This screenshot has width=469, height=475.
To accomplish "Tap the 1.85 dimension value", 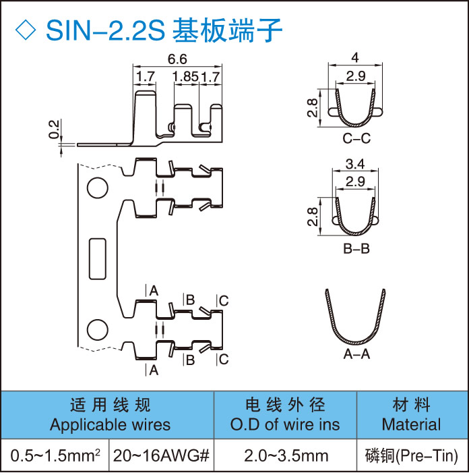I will tap(185, 77).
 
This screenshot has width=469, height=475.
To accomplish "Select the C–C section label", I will tap(356, 140).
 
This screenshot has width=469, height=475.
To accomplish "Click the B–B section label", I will tap(356, 249).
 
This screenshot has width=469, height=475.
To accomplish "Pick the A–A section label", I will tap(356, 356).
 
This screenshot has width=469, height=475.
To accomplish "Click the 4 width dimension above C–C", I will tap(354, 57).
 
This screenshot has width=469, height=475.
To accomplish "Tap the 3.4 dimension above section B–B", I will tap(355, 164).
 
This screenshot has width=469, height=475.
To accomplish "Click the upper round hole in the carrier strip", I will tap(97, 187).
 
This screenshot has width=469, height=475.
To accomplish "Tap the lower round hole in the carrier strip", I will tap(97, 330).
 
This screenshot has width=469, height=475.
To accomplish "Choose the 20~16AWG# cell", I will tap(160, 456).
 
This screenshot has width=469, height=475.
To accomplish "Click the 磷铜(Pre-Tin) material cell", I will tap(411, 456).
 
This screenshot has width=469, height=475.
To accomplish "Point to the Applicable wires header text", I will tap(110, 425).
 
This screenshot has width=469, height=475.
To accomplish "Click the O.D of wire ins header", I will tap(285, 425).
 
